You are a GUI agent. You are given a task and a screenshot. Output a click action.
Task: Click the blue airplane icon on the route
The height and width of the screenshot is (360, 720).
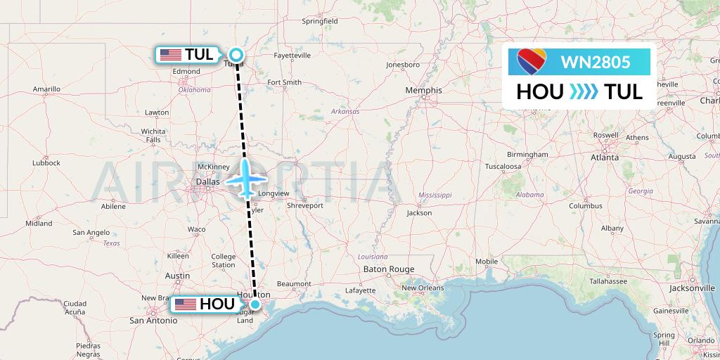pos(246,179)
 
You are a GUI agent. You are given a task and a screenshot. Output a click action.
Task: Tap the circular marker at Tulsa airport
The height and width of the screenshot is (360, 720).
pos(237,54)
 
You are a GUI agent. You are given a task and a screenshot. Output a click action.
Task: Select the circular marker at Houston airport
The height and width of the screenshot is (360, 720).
pos(255,304)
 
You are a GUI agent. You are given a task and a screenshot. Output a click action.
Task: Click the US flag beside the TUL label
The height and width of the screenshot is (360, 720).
pos(171,55)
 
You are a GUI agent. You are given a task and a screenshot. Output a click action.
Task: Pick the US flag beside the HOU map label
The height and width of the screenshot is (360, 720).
pos(186,304)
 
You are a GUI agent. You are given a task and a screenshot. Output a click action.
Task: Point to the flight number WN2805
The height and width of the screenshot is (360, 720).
pos(595,62)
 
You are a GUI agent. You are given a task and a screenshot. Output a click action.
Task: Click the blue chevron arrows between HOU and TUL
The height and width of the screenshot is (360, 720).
pos(584,91)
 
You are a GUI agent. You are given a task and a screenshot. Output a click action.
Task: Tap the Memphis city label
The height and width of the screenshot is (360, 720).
pos(424,90)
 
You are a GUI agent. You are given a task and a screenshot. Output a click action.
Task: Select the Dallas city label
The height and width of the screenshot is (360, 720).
pos(208,181)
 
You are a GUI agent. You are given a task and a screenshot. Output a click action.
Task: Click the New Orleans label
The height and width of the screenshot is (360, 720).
pos(423,288)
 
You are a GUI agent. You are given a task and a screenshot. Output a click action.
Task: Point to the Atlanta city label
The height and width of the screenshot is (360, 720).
pos(604,157)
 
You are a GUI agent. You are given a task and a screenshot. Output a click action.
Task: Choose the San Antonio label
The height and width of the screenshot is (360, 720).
pos(153,320)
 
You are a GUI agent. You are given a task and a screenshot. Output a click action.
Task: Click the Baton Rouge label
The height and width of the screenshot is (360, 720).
pos(389,269)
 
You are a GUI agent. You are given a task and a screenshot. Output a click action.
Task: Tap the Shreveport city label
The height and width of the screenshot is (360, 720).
pos(305,205)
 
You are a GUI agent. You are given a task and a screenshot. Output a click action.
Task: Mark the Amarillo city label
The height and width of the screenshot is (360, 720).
pos(46,89)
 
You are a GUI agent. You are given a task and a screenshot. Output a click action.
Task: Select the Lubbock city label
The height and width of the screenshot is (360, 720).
pos(46,162)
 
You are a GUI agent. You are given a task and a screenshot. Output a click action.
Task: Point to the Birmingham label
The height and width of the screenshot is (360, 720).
pos(527,154)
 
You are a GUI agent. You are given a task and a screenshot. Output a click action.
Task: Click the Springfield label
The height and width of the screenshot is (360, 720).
pos(320,22)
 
